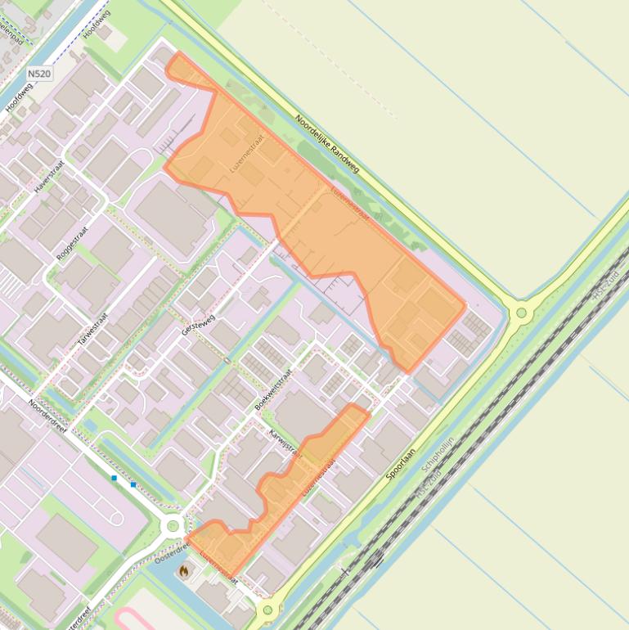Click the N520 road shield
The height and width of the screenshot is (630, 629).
[39, 74]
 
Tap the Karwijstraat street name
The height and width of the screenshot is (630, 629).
[285, 443]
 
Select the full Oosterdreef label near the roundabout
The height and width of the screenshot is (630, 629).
[171, 554]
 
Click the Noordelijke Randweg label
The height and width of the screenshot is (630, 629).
[327, 143]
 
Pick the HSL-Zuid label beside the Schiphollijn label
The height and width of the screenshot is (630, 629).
[429, 484]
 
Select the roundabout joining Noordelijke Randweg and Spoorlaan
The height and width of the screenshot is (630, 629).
[521, 312]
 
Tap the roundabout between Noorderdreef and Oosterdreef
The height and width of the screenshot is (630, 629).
[173, 527]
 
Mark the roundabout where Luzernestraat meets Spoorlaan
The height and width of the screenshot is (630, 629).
[267, 610]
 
